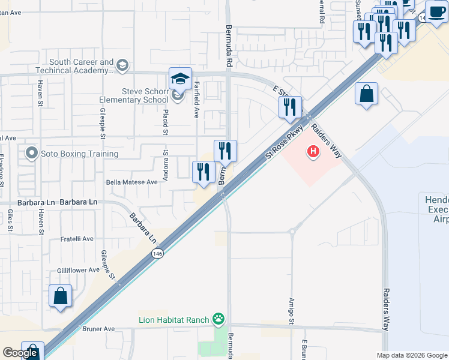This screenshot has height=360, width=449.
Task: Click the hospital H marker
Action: click(313, 152)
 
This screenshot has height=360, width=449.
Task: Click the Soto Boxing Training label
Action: click(79, 154)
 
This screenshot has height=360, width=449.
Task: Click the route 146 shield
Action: click(157, 254)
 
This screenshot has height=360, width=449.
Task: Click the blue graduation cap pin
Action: click(180, 79)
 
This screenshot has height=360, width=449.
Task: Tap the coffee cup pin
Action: click(436, 11)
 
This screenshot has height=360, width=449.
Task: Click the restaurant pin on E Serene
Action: click(291, 107)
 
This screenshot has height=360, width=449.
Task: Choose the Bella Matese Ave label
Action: click(131, 182)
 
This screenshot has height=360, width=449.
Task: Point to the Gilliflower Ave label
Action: click(78, 270)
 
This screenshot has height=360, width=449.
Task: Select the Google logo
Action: click(20, 353)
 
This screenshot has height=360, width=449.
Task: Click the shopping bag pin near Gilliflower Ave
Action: click(61, 296)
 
